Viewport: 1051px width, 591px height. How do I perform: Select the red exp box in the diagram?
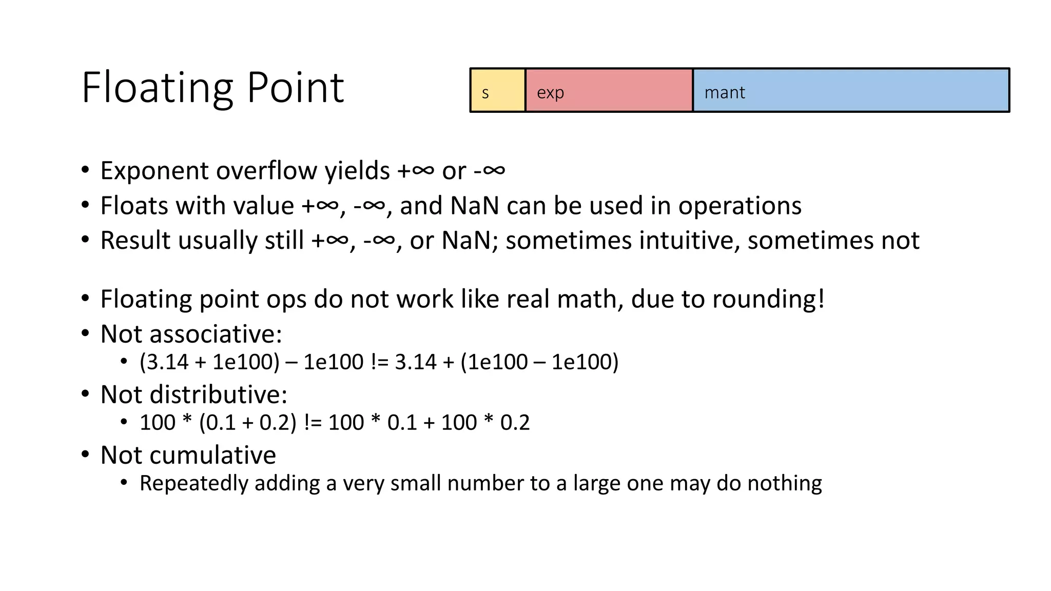tap(609, 90)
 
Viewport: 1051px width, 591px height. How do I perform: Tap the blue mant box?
tap(851, 90)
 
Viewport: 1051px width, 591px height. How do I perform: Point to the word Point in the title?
tap(295, 88)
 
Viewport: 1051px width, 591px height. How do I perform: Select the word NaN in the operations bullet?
tap(474, 206)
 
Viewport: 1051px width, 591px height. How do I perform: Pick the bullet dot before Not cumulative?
tap(85, 455)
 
